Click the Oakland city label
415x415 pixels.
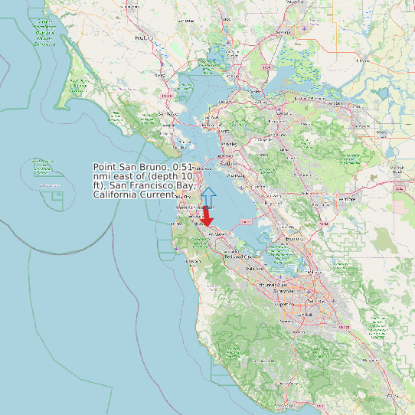tap(227, 163)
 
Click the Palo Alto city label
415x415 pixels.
tap(254, 270)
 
